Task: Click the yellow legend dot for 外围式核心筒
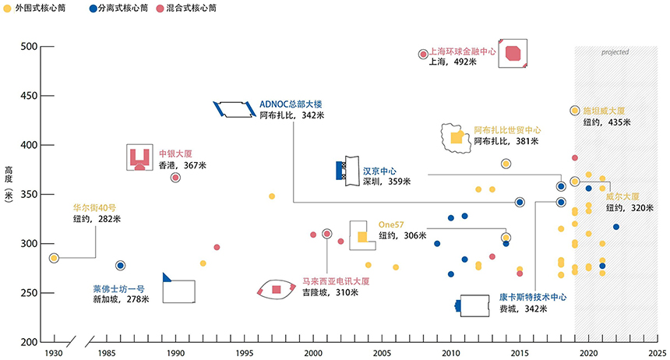tap(7, 9)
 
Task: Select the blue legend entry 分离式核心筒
tap(118, 8)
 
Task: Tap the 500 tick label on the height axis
tap(29, 46)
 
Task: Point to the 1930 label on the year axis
tap(54, 353)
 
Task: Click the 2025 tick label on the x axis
tap(658, 353)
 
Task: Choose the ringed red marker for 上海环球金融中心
tap(423, 55)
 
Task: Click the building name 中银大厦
tap(175, 154)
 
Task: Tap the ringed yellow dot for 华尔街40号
tap(54, 258)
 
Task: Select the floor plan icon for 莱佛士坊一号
tap(178, 288)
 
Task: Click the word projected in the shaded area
tap(615, 52)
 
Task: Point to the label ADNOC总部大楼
tap(291, 104)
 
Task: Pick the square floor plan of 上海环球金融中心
tap(513, 54)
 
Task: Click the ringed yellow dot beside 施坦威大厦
tap(575, 111)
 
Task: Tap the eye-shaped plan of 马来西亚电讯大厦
tap(276, 290)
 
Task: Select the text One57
tap(391, 224)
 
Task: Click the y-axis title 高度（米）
tap(9, 184)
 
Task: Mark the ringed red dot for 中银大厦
tap(175, 178)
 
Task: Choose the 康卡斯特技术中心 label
tap(533, 297)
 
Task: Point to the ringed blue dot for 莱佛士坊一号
tap(121, 266)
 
